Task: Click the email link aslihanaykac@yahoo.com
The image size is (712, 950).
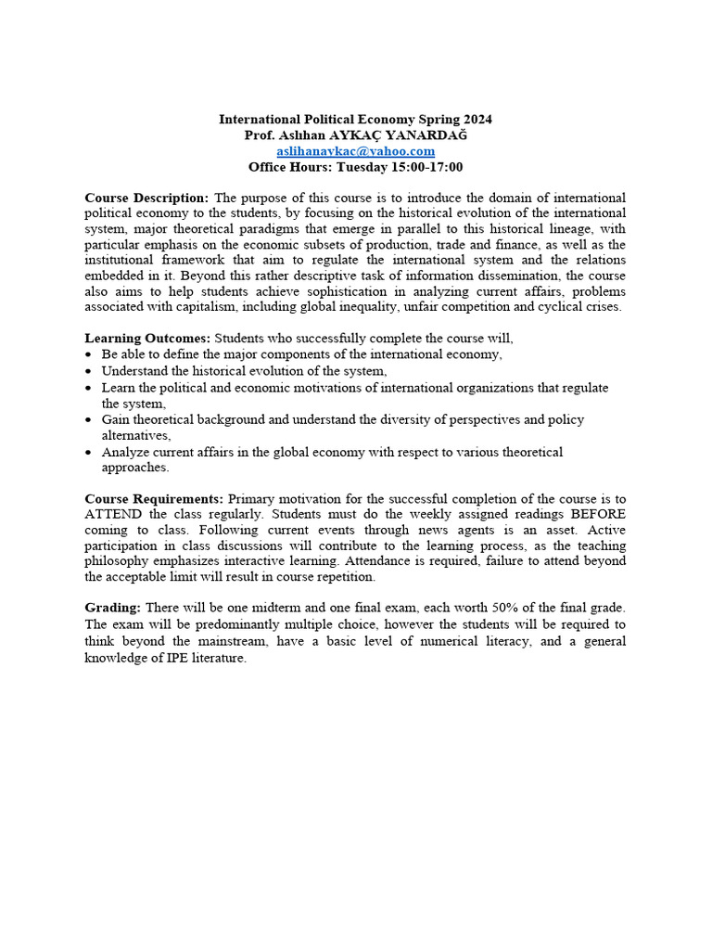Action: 355,151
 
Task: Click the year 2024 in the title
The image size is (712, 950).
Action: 475,119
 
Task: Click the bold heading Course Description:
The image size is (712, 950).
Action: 146,199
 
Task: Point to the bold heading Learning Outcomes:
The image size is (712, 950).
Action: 147,339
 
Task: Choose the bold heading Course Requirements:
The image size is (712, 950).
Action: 154,498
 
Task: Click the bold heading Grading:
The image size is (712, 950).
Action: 113,608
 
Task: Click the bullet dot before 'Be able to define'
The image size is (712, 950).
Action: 88,355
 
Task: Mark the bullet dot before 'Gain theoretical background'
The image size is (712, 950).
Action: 88,420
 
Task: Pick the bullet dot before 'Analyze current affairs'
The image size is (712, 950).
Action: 88,453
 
